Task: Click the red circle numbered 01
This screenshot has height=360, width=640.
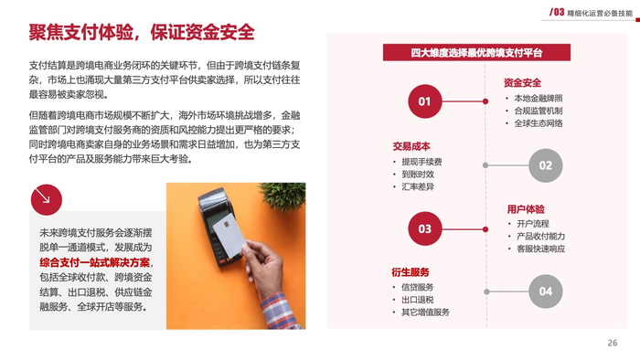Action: click(x=424, y=101)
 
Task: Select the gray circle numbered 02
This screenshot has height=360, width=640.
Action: click(x=545, y=165)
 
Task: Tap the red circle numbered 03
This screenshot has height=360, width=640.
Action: click(x=424, y=228)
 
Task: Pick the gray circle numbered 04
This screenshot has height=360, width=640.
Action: click(x=545, y=291)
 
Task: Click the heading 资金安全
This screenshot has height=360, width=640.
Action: click(x=522, y=83)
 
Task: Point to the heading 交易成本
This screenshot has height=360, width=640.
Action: click(x=411, y=146)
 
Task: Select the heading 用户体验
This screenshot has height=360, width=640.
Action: click(x=526, y=209)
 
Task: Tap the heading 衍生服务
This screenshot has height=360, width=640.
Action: click(x=411, y=272)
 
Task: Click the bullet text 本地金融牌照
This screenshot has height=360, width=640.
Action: click(x=539, y=99)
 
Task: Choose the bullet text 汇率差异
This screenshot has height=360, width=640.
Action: click(x=418, y=186)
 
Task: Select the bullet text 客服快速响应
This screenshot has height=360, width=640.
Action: click(x=541, y=249)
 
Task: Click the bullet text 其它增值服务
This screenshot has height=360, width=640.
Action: click(x=425, y=312)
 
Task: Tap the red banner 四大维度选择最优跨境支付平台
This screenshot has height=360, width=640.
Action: click(x=476, y=53)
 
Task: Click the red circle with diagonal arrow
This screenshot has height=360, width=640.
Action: click(x=46, y=200)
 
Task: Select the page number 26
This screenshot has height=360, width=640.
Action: click(x=613, y=343)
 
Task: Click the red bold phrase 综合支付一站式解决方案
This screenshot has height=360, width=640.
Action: click(x=95, y=262)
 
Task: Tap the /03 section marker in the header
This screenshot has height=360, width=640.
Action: click(x=557, y=12)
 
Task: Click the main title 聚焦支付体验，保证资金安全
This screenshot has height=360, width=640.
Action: click(x=142, y=32)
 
